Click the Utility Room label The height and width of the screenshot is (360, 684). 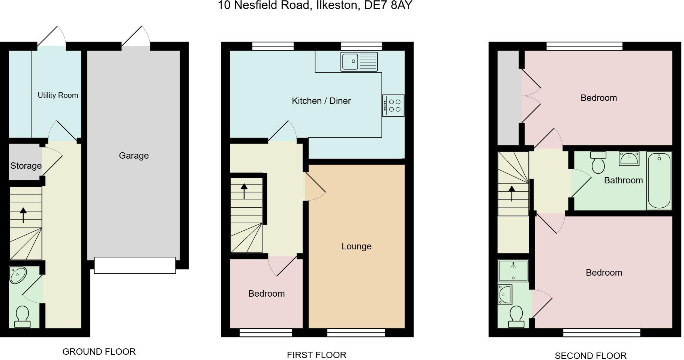click(58, 95)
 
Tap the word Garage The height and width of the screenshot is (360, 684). click(134, 156)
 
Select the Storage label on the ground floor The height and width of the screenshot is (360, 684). click(26, 166)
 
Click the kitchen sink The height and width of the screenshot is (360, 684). click(359, 61)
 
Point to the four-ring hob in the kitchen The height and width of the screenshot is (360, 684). click(393, 106)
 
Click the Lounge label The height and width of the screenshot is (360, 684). click(356, 246)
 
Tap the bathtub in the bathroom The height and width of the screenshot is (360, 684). click(659, 180)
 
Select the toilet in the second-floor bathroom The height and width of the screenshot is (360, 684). click(598, 162)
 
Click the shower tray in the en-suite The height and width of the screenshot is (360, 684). click(513, 270)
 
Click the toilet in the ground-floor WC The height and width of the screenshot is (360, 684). click(22, 316)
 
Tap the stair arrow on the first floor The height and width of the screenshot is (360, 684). click(244, 191)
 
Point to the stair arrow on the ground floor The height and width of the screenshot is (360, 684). click(23, 215)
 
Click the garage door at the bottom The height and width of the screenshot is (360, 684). click(135, 265)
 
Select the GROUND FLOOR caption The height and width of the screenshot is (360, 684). click(99, 352)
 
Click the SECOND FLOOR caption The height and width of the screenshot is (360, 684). click(590, 355)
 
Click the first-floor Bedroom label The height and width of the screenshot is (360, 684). click(266, 294)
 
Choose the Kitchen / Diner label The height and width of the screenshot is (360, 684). click(321, 101)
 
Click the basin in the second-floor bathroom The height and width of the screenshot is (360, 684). click(629, 158)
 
